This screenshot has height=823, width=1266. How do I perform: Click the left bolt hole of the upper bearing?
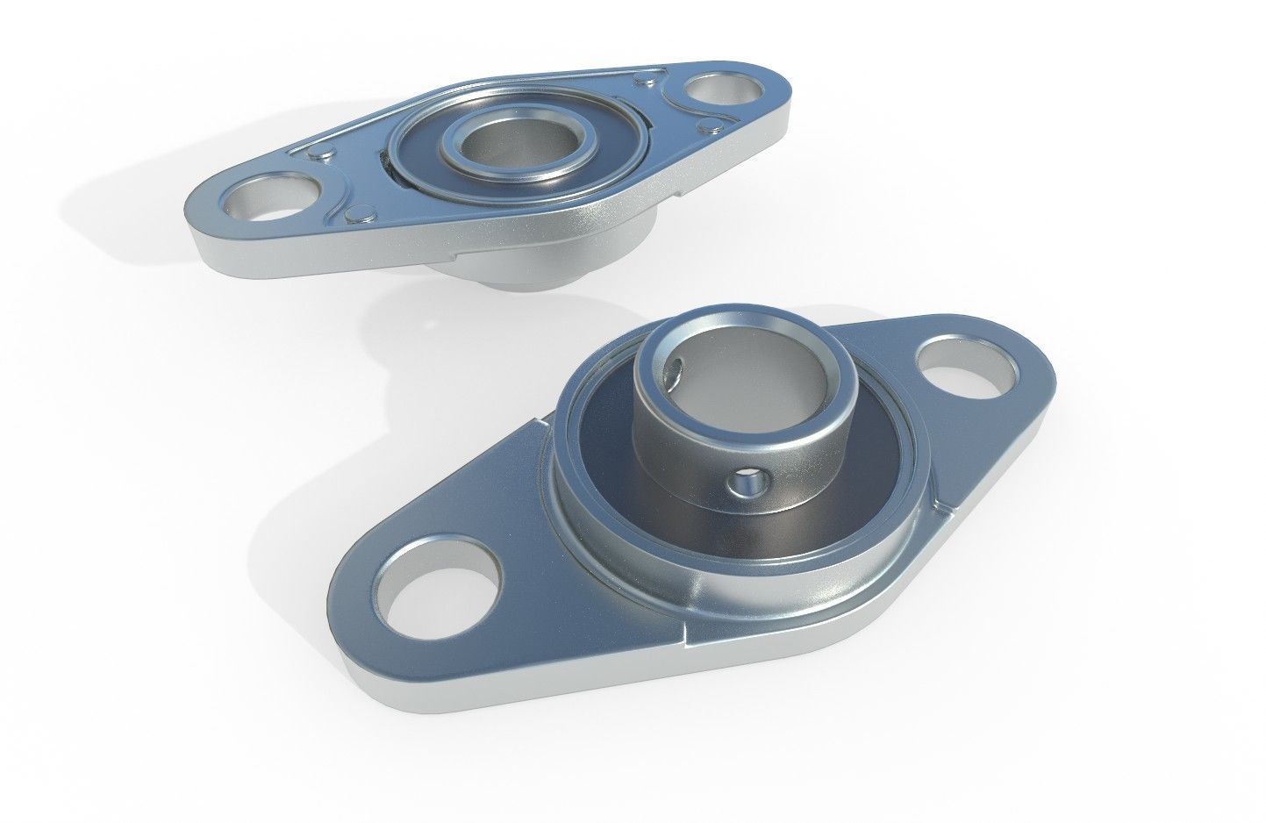tap(263, 198)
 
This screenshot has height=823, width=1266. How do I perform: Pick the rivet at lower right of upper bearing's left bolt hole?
tap(357, 212)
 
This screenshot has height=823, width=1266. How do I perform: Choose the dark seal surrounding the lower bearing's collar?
tap(597, 491)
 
